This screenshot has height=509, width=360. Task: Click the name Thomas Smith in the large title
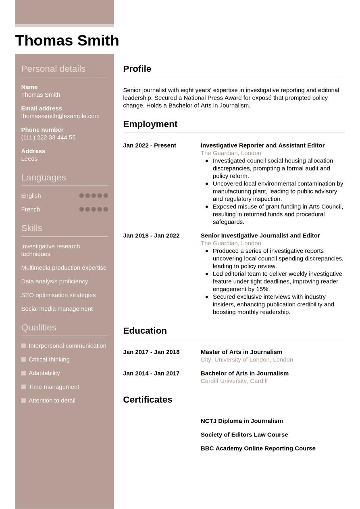click(67, 41)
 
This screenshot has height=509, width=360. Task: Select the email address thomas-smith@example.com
click(60, 116)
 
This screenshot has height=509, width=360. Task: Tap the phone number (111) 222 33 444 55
click(48, 137)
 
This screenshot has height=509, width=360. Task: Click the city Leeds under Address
click(29, 159)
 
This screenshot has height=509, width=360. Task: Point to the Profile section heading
click(137, 69)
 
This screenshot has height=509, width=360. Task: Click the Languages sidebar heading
click(43, 177)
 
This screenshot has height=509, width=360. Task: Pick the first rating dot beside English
click(81, 196)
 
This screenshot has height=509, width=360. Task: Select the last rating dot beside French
click(106, 210)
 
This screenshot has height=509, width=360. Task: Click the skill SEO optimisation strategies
click(58, 295)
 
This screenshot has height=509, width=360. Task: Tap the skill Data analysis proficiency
click(54, 281)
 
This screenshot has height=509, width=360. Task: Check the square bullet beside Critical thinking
click(23, 359)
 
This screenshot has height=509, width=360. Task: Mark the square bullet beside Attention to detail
click(23, 401)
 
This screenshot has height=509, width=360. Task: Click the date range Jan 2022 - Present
click(149, 145)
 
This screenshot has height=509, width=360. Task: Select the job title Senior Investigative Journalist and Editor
click(260, 236)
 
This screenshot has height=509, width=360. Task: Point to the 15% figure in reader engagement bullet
click(262, 289)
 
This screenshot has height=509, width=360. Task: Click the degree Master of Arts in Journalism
click(241, 352)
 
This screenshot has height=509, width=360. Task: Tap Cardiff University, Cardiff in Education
click(234, 381)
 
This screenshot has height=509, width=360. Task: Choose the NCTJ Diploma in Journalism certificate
click(241, 421)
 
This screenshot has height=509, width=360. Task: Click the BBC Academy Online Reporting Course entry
click(258, 449)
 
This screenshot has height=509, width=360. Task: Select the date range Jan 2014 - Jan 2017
click(151, 374)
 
